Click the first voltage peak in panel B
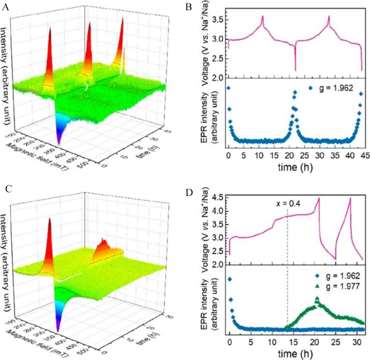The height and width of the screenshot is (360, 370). [262, 16]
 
